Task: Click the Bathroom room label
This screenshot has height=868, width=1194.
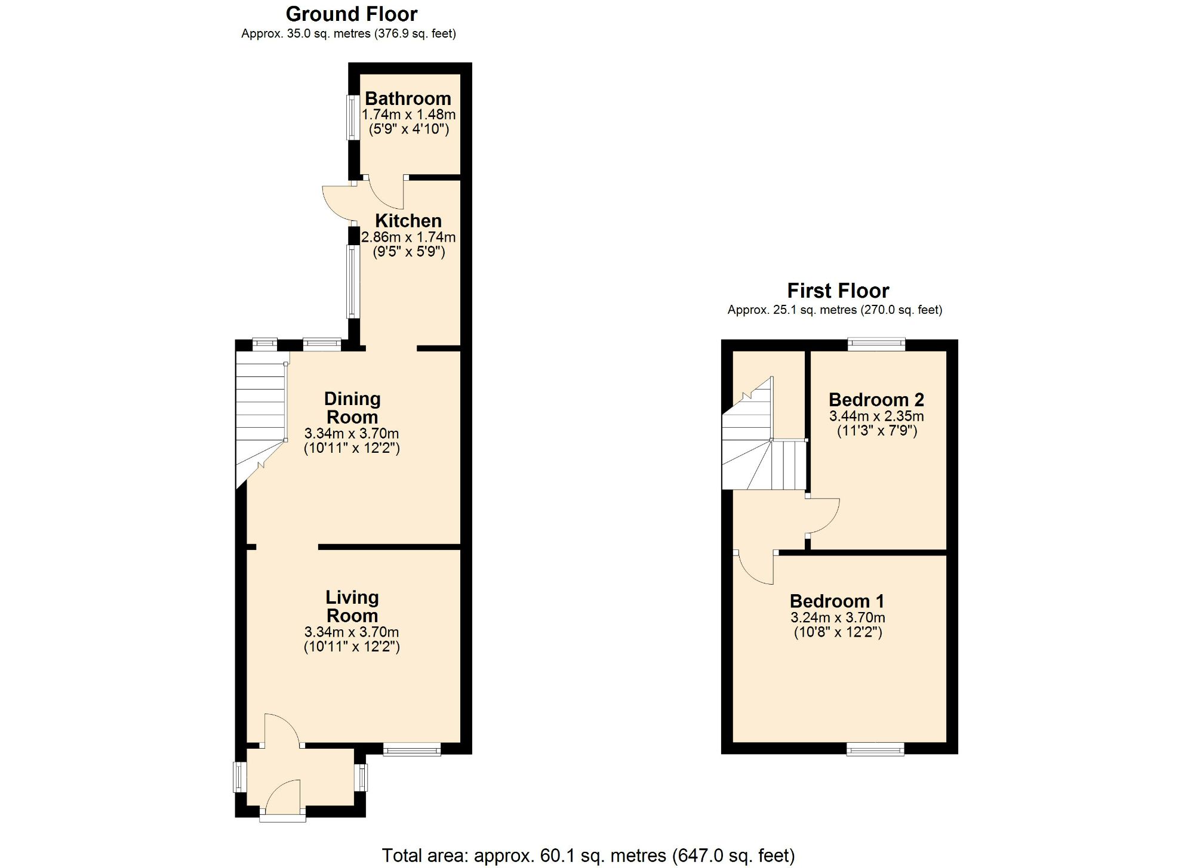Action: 408,98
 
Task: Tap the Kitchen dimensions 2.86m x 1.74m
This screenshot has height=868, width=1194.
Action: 408,237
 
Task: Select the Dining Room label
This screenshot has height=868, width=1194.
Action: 352,407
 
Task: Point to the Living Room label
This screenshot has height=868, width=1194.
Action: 352,606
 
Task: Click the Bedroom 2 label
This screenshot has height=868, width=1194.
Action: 876,399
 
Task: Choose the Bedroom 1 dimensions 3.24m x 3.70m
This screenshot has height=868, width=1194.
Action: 838,617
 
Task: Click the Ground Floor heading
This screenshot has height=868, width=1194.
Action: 351,14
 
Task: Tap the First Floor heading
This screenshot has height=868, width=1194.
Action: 838,291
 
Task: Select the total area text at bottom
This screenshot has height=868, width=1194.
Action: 588,855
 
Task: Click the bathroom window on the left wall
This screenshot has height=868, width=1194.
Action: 353,118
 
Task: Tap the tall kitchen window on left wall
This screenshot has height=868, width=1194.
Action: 353,282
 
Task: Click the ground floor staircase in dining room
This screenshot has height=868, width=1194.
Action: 260,412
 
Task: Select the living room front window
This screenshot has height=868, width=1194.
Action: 411,749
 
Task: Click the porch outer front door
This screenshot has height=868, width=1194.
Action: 283,799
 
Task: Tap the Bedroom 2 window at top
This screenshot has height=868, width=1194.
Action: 876,344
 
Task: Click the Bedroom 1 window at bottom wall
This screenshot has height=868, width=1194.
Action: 875,749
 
